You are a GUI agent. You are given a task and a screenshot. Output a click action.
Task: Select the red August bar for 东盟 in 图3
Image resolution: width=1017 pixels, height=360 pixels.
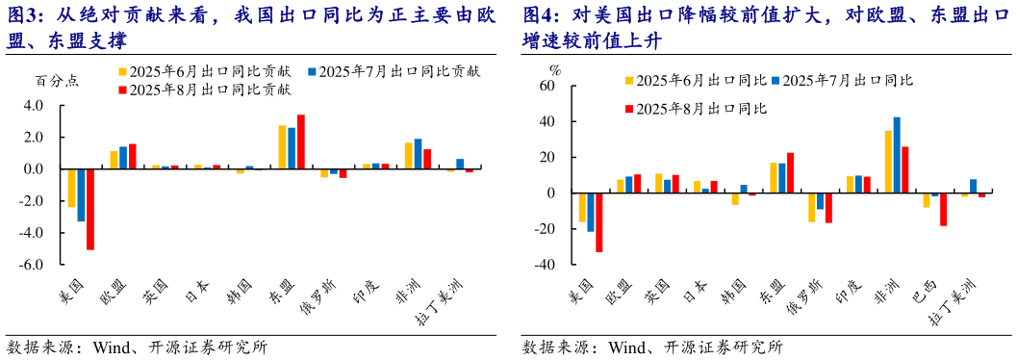301,141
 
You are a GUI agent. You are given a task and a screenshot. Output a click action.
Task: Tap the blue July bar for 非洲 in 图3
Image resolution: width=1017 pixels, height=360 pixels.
418,154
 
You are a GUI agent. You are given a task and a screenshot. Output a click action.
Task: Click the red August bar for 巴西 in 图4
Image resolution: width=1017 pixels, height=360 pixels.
944,210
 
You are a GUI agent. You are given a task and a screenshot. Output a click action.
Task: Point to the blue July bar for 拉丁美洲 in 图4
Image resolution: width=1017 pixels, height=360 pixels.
973,186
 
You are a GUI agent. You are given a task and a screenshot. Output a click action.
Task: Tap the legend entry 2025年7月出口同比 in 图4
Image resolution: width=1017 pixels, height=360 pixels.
842,81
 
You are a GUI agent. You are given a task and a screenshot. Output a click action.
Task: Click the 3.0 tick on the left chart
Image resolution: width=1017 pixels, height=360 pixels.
33,106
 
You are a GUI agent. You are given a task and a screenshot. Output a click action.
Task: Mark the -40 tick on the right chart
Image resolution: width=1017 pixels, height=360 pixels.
545,265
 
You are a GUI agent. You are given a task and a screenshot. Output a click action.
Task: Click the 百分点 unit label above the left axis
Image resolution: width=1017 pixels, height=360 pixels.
57,80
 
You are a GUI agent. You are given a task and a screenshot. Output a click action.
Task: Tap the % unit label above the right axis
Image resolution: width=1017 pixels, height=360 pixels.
554,69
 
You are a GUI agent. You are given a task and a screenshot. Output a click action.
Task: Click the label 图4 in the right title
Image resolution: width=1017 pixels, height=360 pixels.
540,16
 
